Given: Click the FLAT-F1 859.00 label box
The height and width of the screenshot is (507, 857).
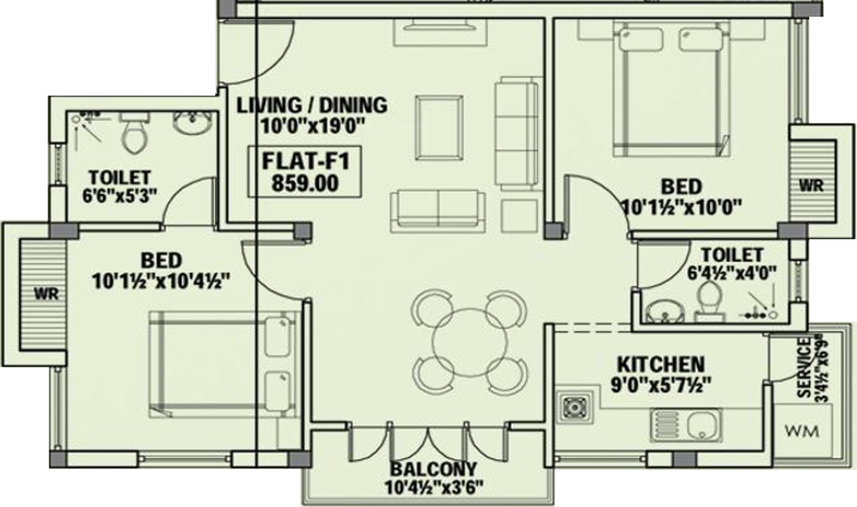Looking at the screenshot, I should (x=304, y=172).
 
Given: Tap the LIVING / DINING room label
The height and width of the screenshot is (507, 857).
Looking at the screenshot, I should (x=312, y=106).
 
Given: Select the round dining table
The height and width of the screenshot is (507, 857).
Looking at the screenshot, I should (x=470, y=341).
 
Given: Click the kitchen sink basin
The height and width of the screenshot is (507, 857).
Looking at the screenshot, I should (x=700, y=425).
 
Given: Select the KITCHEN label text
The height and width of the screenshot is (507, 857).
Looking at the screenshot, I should (x=660, y=364).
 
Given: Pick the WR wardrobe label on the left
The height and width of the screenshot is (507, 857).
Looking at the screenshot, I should (x=47, y=294).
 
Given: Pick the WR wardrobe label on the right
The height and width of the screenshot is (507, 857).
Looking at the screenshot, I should (x=810, y=185).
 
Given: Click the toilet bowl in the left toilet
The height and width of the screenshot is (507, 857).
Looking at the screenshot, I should (x=134, y=135).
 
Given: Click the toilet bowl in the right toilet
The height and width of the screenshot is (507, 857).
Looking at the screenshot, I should (x=706, y=301).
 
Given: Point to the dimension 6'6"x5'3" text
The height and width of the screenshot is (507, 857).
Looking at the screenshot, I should (x=119, y=194).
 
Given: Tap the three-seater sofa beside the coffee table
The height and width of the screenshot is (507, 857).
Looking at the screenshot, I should (x=518, y=133).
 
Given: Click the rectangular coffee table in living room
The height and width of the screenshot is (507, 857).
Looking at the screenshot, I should (x=439, y=127).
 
